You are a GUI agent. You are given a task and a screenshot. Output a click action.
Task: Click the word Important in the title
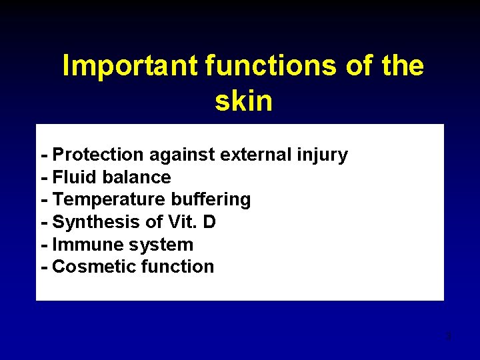tap(131, 66)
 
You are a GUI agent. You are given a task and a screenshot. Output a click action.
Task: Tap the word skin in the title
tap(243, 101)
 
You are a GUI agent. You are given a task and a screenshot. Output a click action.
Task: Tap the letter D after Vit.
tap(209, 222)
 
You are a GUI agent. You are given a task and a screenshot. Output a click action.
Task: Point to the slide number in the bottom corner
tap(449, 335)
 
